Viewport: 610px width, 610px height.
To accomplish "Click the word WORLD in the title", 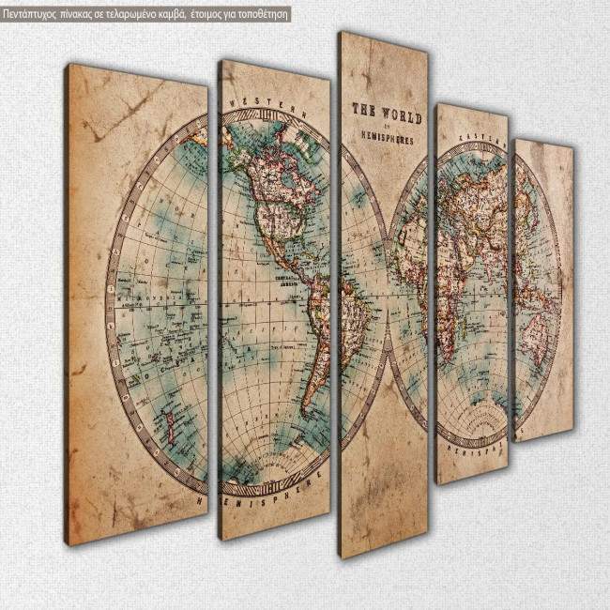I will tap(403, 118).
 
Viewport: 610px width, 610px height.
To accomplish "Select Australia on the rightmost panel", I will tap(536, 324).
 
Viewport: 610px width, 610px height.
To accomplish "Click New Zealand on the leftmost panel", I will tap(168, 414).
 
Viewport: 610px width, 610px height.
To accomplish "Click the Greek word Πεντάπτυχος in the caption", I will tap(34, 13).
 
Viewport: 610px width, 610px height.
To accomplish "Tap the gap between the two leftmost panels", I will tap(213, 300).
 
